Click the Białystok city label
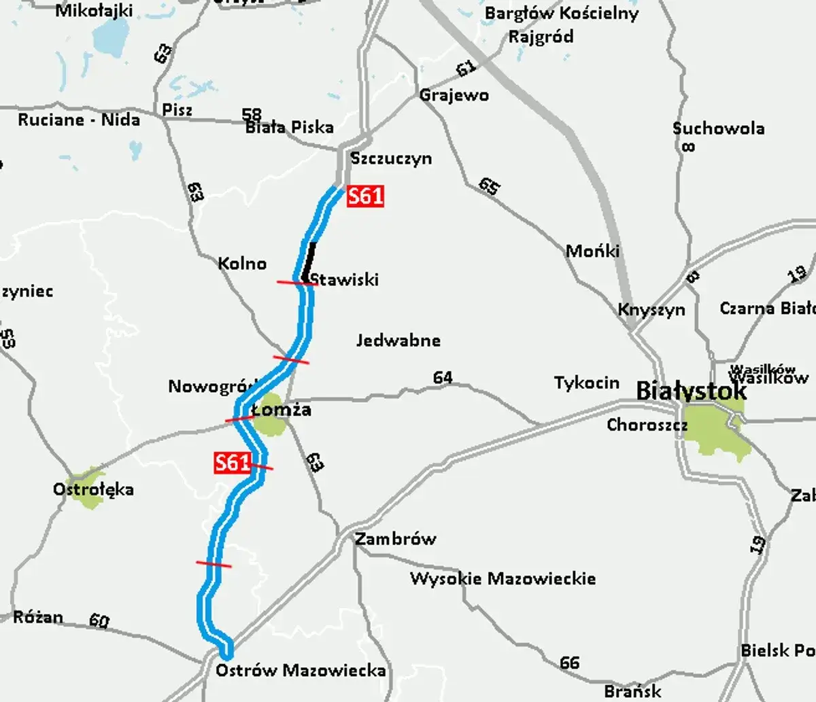(x=691, y=391)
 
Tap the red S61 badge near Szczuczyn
(x=366, y=196)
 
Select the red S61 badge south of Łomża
(x=233, y=463)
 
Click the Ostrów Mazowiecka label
(x=301, y=671)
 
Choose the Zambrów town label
(x=395, y=539)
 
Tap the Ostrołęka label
(x=93, y=489)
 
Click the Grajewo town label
(x=454, y=95)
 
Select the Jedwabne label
(x=398, y=340)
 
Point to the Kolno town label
(x=242, y=263)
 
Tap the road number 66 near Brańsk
(x=570, y=661)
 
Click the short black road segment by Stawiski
(x=310, y=261)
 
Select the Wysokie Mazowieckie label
(x=503, y=579)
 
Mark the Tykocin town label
(x=587, y=383)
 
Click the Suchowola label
(x=718, y=128)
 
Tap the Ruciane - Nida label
(x=79, y=120)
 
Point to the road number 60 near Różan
(x=99, y=620)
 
